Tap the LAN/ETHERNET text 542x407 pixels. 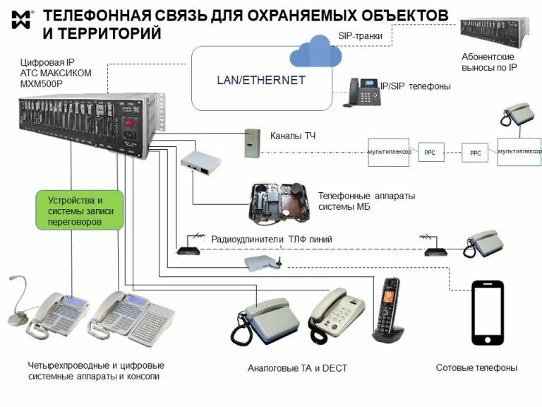260,80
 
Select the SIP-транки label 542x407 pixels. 363,36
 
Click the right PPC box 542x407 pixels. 475,153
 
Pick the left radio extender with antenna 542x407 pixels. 187,248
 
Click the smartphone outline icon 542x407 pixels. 487,313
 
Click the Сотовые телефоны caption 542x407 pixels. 476,368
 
